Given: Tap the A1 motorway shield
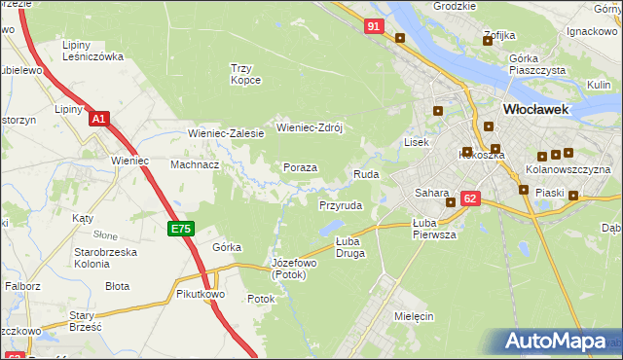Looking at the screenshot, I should tap(98, 119).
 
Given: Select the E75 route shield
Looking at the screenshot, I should tap(180, 229).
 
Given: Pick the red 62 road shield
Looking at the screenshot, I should tap(470, 198).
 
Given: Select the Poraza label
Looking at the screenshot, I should tap(300, 167).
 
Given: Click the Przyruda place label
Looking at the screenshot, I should tap(341, 206).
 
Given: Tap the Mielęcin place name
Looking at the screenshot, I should tap(414, 316).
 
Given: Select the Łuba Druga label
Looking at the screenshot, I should tap(349, 247).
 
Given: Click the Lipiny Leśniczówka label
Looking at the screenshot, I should tap(92, 51).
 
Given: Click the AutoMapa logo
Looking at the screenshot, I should tap(560, 342).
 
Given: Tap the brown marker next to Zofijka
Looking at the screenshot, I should tap(488, 40).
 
